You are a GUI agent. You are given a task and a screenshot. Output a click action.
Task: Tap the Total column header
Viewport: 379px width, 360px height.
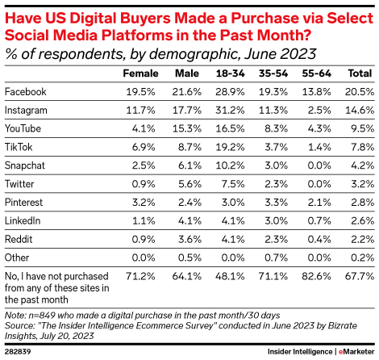(x=358, y=73)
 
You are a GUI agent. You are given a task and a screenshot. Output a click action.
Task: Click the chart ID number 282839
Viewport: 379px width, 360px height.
(x=17, y=351)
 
